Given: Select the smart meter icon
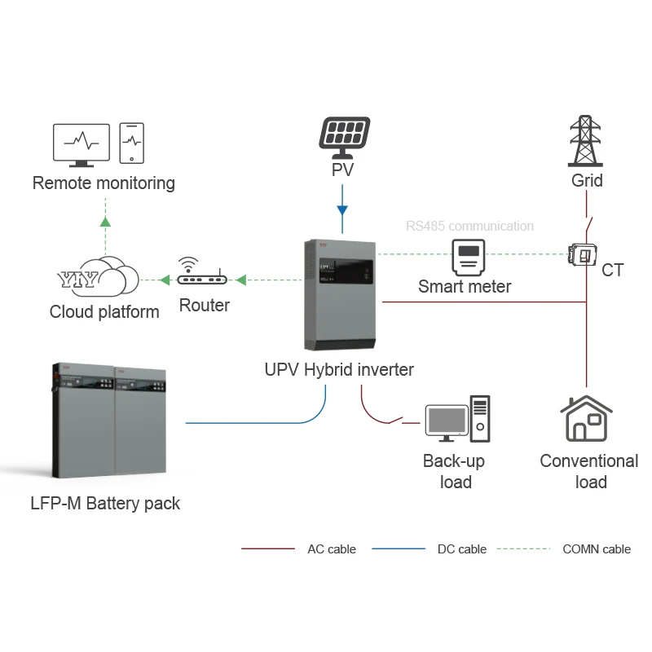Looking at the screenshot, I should click(468, 258).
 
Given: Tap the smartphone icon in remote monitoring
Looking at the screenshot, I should click(131, 143).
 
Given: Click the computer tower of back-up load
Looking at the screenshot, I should click(480, 418).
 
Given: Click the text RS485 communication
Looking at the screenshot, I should click(470, 227).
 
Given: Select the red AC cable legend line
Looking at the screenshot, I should click(268, 548).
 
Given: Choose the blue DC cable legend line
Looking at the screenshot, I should click(399, 548).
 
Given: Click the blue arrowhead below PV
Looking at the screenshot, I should click(343, 210).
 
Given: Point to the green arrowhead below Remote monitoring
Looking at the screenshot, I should click(104, 220).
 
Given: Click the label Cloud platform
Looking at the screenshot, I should click(104, 312).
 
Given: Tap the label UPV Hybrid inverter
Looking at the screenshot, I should click(339, 369).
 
